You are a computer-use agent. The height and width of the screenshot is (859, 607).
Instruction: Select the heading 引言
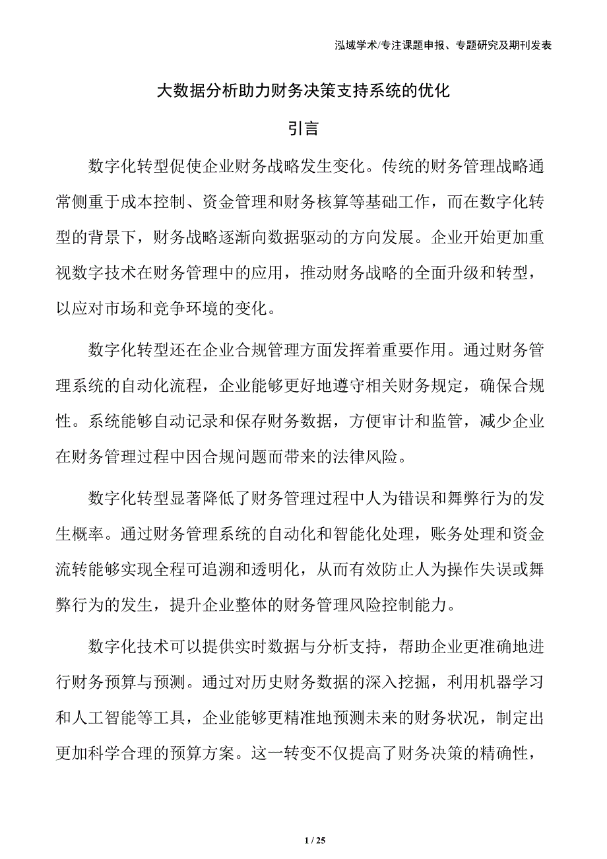click(303, 128)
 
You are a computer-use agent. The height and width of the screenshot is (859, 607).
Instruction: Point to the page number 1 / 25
click(316, 840)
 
